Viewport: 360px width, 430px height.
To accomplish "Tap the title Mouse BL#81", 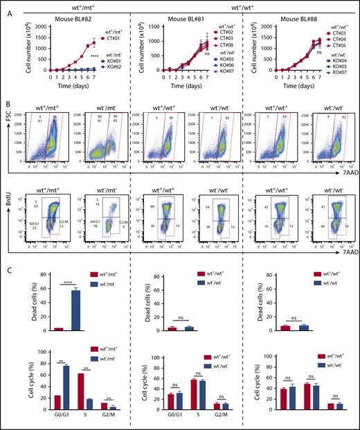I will (184, 17).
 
